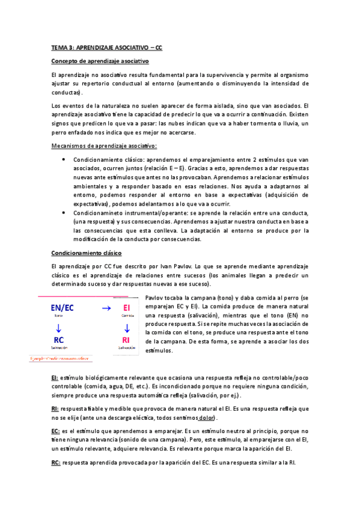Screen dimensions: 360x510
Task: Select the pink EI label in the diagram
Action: (x=126, y=309)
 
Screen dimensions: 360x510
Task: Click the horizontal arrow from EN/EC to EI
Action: (x=106, y=308)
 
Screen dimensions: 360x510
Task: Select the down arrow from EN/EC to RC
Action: (x=58, y=327)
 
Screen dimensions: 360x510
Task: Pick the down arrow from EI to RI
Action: (x=126, y=327)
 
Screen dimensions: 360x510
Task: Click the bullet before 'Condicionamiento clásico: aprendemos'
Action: (x=64, y=159)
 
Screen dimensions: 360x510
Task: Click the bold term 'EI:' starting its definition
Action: (x=55, y=376)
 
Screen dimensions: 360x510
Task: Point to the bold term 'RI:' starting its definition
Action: (x=55, y=408)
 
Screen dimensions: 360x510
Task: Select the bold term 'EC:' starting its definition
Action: (x=56, y=431)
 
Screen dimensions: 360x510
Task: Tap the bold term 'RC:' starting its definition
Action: (x=56, y=462)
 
